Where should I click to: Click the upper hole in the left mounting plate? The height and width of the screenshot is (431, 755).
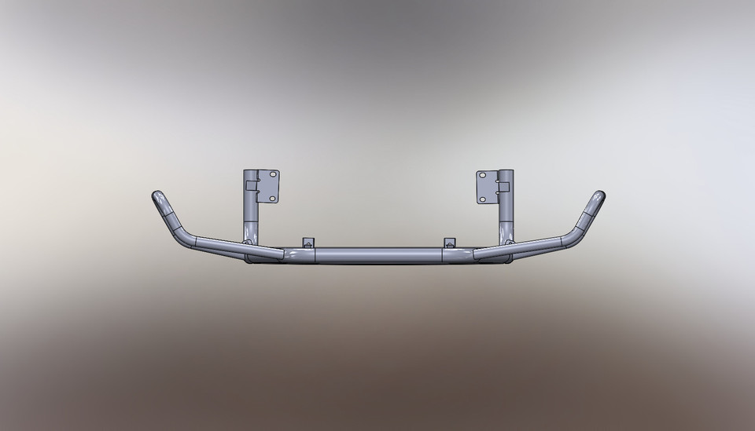272,175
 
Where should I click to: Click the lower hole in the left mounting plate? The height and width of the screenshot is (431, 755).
272,198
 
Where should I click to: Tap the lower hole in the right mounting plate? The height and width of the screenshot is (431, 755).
483,199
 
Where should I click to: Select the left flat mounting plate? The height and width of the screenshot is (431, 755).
267,187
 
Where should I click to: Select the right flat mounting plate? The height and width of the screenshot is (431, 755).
487,187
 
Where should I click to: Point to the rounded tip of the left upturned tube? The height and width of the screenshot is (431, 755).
157,196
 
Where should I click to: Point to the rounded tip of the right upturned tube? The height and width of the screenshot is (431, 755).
599,196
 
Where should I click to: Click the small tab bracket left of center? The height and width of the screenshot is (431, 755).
308,242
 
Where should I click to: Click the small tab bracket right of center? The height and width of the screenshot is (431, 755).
450,242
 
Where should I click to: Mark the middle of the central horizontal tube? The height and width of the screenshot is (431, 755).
378,255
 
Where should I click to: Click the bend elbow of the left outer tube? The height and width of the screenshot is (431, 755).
186,238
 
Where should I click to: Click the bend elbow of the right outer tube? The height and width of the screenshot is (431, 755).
569,238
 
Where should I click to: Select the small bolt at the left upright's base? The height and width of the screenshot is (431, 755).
249,243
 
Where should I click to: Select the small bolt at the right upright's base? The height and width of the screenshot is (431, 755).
509,243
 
